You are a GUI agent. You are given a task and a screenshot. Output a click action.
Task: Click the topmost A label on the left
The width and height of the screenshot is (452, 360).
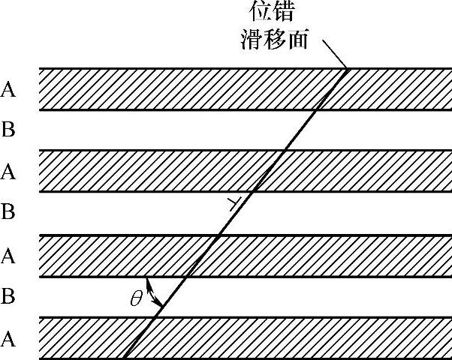pos(8,90)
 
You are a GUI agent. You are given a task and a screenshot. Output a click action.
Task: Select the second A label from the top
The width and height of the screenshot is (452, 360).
pos(8,172)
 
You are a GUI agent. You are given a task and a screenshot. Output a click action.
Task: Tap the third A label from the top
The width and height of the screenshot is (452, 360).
pos(8,256)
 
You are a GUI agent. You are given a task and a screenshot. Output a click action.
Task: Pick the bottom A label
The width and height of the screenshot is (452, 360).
pos(8,340)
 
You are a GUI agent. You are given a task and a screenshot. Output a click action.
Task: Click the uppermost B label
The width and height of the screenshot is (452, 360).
pos(8,131)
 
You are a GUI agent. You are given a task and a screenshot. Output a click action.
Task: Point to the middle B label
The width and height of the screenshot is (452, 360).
pos(8,213)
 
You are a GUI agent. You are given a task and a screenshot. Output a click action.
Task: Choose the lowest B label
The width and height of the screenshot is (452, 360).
pos(8,297)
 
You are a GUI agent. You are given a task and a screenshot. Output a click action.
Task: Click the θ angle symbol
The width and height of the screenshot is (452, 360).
pos(136,298)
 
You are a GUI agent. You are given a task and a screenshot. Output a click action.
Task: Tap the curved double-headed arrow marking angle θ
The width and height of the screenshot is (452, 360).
pos(153,292)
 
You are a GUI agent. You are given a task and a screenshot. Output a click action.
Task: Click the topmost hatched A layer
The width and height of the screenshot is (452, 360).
pos(188,89)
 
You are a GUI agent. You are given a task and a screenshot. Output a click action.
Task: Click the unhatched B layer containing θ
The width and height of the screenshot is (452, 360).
pos(300,297)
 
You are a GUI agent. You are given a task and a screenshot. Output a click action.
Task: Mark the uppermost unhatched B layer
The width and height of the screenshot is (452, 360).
pos(188,130)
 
